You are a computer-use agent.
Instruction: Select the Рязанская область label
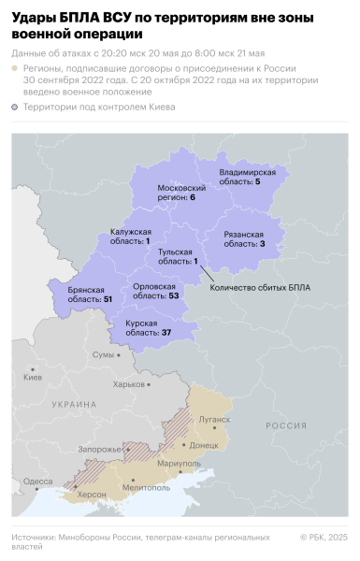coord(245,238)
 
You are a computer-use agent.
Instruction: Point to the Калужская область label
coord(130,237)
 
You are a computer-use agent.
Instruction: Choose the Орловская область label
coord(155,292)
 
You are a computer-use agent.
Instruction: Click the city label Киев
coord(34,377)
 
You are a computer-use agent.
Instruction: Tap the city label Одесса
coord(38,481)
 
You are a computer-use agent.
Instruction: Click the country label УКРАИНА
coord(75,404)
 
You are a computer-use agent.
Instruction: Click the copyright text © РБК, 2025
coord(324,537)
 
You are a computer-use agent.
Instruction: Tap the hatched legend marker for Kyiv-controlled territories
coord(15,108)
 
